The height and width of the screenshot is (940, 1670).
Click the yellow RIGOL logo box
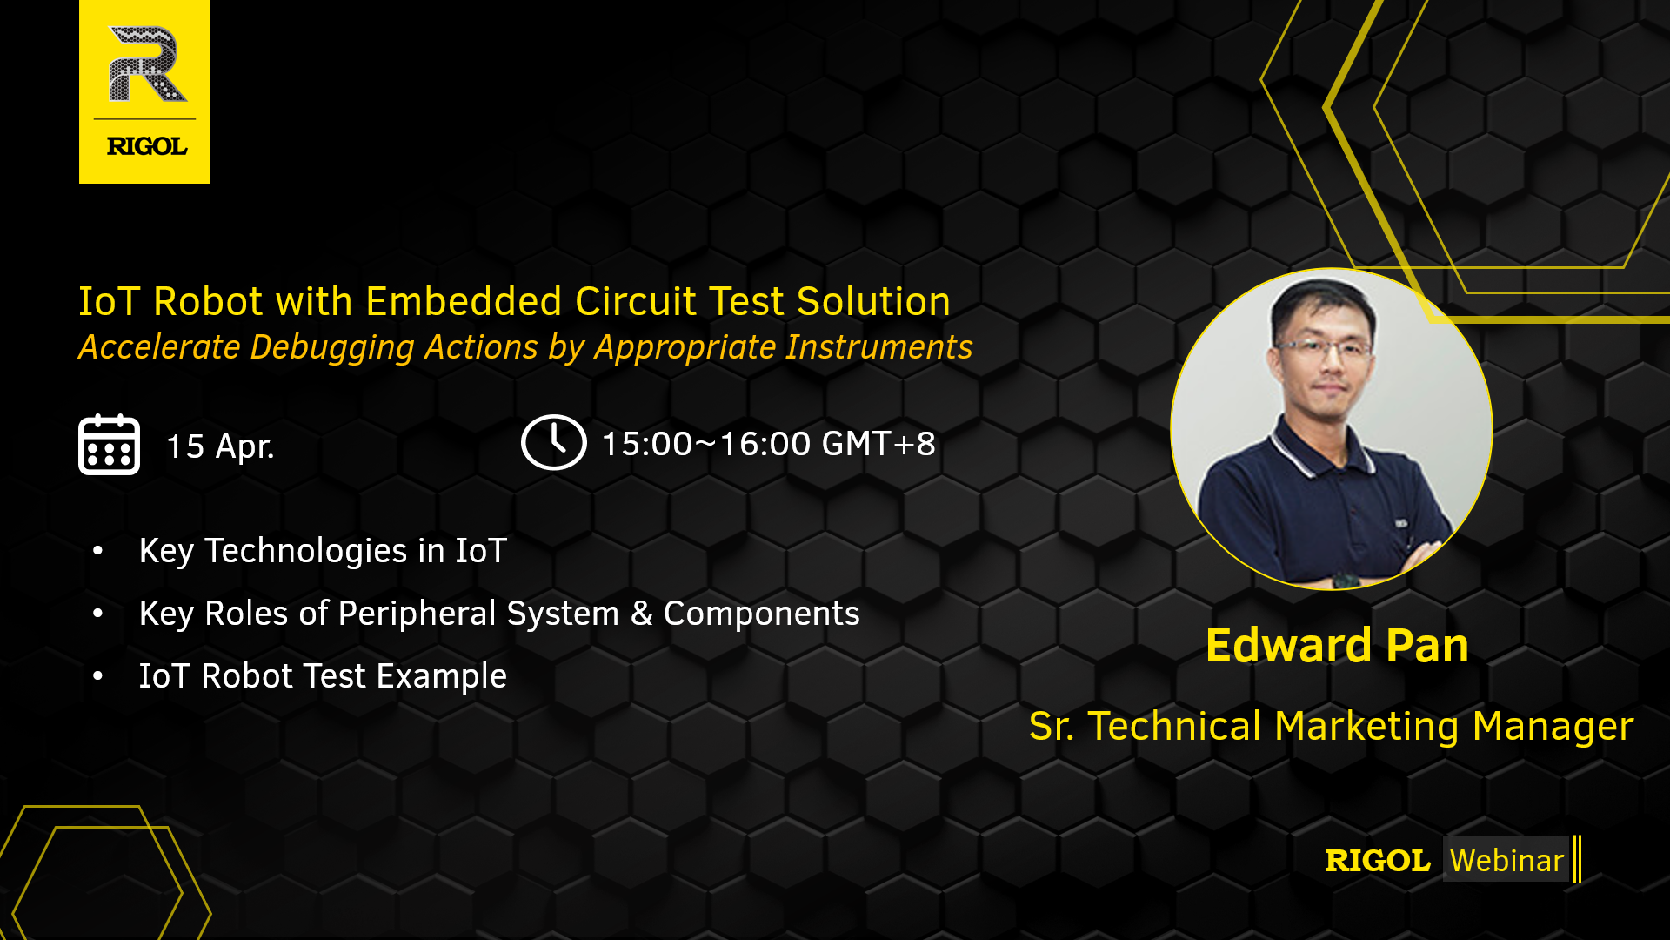pyautogui.click(x=144, y=91)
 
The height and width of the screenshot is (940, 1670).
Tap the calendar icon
pyautogui.click(x=109, y=444)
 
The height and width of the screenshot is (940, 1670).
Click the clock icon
pyautogui.click(x=553, y=442)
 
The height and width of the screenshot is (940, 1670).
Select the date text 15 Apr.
pyautogui.click(x=220, y=446)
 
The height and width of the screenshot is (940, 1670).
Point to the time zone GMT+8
pyautogui.click(x=878, y=444)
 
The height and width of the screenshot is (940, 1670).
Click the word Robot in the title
pyautogui.click(x=209, y=301)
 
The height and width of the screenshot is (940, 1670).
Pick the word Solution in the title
pyautogui.click(x=873, y=301)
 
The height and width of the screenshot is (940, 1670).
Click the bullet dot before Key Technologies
pyautogui.click(x=98, y=550)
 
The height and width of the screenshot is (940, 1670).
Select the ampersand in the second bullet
pyautogui.click(x=642, y=614)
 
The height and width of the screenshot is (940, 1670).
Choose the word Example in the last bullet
pyautogui.click(x=442, y=677)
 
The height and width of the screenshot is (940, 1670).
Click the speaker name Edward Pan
pyautogui.click(x=1337, y=646)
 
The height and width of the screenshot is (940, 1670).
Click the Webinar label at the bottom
pyautogui.click(x=1506, y=860)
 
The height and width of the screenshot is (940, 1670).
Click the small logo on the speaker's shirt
pyautogui.click(x=1401, y=523)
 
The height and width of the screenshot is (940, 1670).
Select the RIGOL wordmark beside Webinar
pyautogui.click(x=1378, y=861)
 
